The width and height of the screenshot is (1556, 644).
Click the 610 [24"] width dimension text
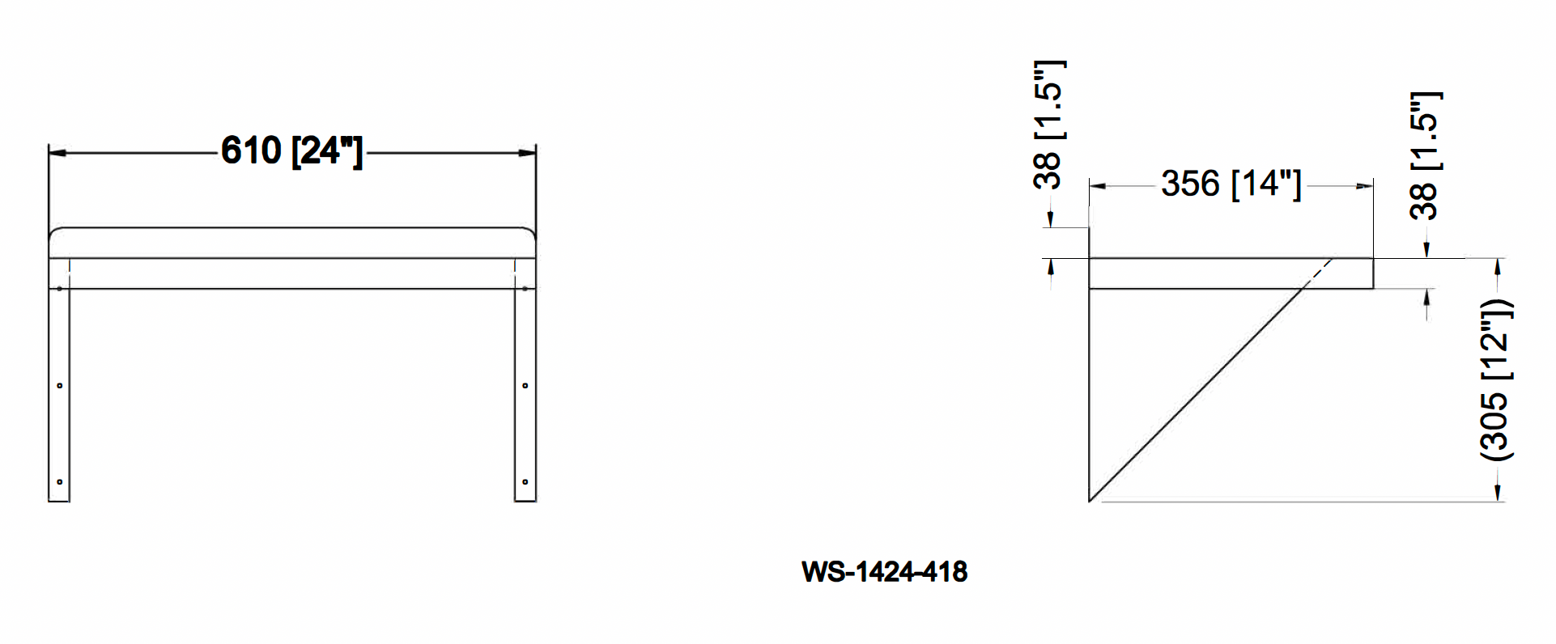[x=291, y=151]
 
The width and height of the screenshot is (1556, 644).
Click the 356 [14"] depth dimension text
[x=1231, y=184]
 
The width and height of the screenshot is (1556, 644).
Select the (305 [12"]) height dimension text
[x=1496, y=380]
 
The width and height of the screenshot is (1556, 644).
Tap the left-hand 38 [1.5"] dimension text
[x=1049, y=125]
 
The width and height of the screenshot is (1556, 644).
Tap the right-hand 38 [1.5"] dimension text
[x=1426, y=155]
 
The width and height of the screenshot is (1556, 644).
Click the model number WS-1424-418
[x=884, y=572]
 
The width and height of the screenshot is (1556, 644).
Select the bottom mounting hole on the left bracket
[x=59, y=482]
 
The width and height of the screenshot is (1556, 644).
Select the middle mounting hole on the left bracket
[x=59, y=386]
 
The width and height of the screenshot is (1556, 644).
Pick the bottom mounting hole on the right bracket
[x=525, y=482]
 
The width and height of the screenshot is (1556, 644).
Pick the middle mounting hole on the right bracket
[x=525, y=386]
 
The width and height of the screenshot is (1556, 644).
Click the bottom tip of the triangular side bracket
[x=1090, y=501]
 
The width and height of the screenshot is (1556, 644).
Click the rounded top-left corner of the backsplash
[x=53, y=233]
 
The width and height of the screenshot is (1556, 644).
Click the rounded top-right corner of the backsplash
[x=531, y=233]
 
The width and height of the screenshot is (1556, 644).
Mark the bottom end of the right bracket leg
[x=525, y=500]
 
